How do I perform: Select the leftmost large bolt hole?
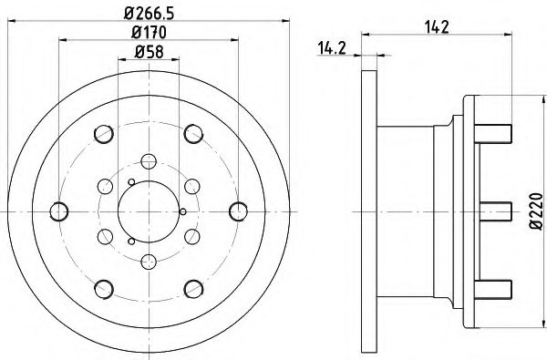59,211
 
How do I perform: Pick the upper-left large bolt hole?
102,135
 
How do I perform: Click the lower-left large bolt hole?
102,287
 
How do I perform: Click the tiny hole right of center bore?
183,211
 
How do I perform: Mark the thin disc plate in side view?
367,211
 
